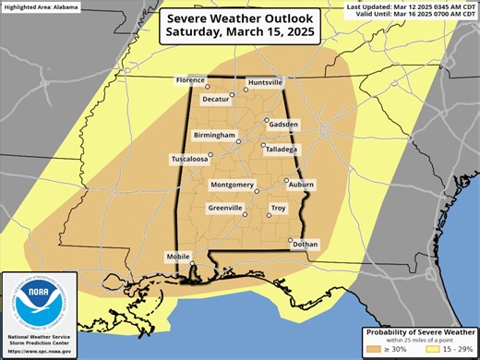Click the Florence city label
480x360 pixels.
(190, 80)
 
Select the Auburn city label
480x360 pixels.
(301, 185)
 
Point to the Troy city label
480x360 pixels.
(279, 209)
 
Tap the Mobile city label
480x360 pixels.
(178, 256)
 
